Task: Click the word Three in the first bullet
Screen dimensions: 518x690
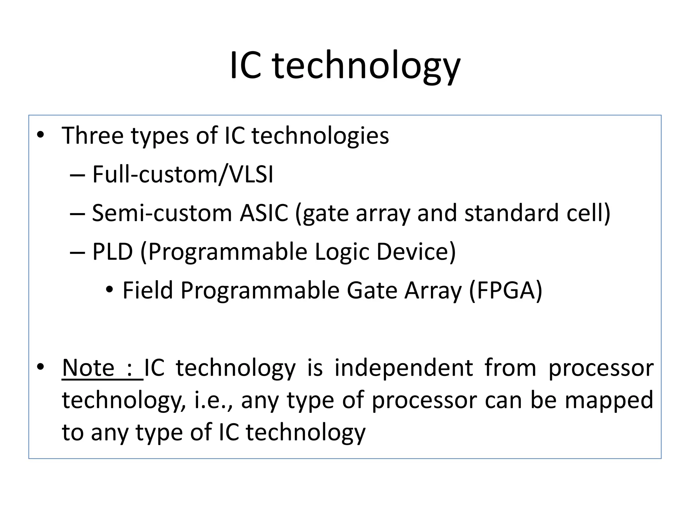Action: click(x=93, y=136)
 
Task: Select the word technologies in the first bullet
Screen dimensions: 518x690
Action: click(x=320, y=136)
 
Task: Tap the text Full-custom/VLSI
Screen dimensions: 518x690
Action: click(x=183, y=174)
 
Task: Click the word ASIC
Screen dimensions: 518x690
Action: click(x=264, y=213)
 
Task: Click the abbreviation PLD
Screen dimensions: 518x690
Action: click(x=113, y=252)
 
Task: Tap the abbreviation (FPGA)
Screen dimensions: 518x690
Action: click(x=505, y=290)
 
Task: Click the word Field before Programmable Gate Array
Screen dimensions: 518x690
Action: click(x=148, y=290)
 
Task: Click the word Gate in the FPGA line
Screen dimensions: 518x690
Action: click(x=372, y=290)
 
